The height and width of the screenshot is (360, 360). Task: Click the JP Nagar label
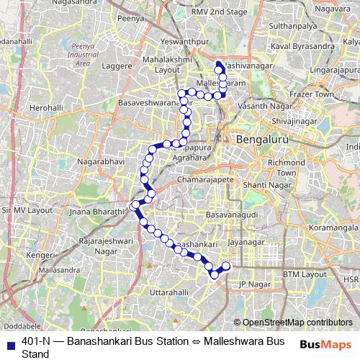(253, 284)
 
